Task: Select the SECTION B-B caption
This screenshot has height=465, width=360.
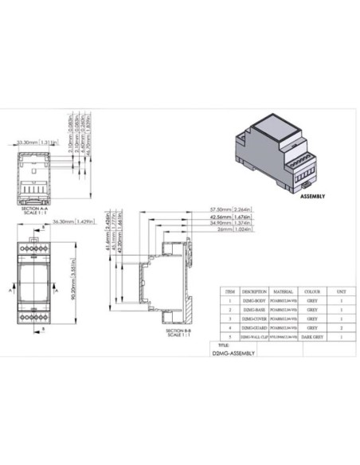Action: click(174, 331)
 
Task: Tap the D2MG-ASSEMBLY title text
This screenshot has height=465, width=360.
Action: click(234, 350)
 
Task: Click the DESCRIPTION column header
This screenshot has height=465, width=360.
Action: click(254, 291)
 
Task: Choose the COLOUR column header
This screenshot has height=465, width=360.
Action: click(312, 291)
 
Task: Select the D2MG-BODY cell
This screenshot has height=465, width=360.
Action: click(254, 302)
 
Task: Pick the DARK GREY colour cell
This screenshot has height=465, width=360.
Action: click(312, 338)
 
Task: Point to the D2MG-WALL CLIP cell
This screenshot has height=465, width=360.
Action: click(254, 338)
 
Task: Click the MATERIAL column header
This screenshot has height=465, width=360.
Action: click(284, 291)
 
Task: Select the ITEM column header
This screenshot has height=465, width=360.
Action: click(230, 291)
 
